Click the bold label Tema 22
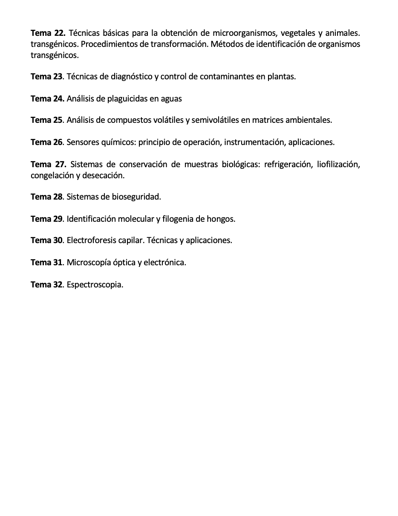click(48, 33)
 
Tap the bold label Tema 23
click(47, 77)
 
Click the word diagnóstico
click(129, 77)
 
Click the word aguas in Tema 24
click(171, 99)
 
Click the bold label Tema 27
click(49, 164)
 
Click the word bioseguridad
click(136, 197)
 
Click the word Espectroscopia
click(95, 285)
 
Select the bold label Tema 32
click(47, 285)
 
